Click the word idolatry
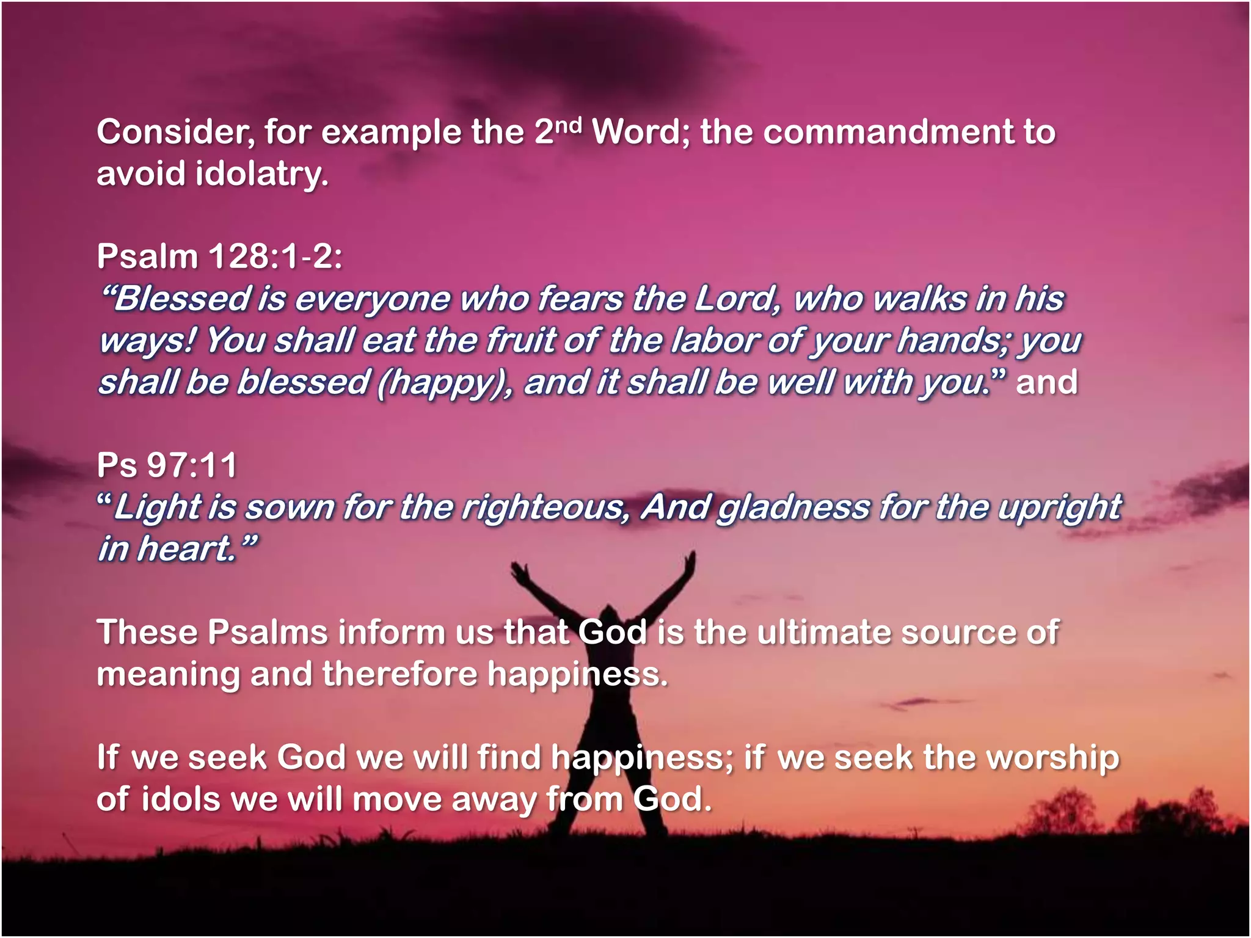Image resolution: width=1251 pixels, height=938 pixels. (x=263, y=174)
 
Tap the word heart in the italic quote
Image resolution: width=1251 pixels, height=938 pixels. (x=186, y=548)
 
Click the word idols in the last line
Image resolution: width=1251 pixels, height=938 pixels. (x=180, y=799)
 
